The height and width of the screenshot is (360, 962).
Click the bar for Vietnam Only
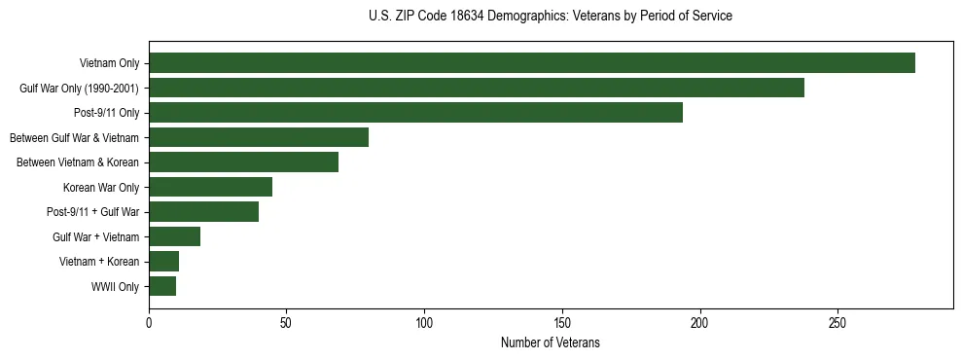pyautogui.click(x=532, y=63)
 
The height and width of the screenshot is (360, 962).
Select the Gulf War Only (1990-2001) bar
pyautogui.click(x=477, y=88)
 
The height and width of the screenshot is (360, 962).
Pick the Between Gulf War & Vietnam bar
pyautogui.click(x=259, y=137)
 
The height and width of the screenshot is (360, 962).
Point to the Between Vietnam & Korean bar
pyautogui.click(x=244, y=162)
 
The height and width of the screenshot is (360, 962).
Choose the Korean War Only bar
pyautogui.click(x=211, y=187)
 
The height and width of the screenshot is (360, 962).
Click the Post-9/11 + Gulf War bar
pyautogui.click(x=204, y=212)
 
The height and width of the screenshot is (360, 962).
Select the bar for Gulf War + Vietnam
pyautogui.click(x=175, y=236)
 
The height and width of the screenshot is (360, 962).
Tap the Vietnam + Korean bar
pyautogui.click(x=164, y=262)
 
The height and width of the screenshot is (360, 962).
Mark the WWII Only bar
pyautogui.click(x=162, y=286)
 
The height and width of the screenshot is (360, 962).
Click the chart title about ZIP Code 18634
pyautogui.click(x=551, y=17)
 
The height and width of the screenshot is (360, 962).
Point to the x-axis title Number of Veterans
pyautogui.click(x=551, y=343)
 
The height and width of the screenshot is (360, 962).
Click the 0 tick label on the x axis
pyautogui.click(x=149, y=324)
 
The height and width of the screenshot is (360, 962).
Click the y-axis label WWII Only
pyautogui.click(x=115, y=287)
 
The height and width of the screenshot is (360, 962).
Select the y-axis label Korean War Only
pyautogui.click(x=101, y=188)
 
